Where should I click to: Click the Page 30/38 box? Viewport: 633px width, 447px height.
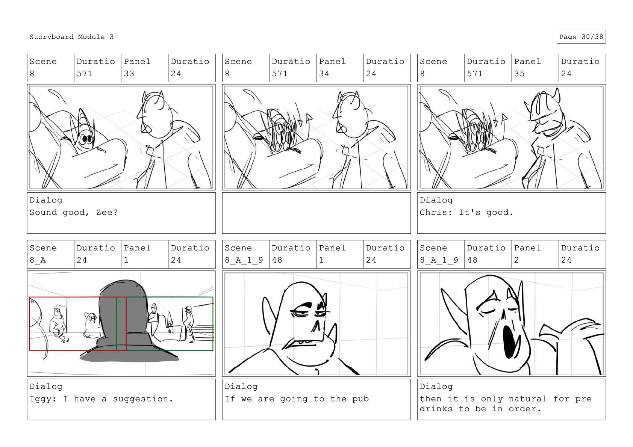click(x=581, y=37)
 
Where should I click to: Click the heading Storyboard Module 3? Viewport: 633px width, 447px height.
click(x=71, y=37)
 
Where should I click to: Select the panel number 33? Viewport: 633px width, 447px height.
click(x=129, y=74)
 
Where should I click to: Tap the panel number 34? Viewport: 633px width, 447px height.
click(x=324, y=74)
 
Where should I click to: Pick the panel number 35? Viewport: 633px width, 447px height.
click(x=519, y=74)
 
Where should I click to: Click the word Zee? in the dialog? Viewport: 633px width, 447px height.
click(x=107, y=212)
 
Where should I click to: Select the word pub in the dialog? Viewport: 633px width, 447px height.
click(x=360, y=399)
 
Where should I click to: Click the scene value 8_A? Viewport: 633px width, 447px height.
click(x=38, y=260)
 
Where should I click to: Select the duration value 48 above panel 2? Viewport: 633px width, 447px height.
click(x=472, y=260)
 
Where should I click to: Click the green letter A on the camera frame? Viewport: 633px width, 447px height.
click(x=120, y=302)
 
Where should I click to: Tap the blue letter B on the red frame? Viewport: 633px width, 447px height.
click(x=32, y=302)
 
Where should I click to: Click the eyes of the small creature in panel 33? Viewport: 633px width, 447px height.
click(x=86, y=139)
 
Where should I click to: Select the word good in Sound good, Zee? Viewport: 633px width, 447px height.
click(x=73, y=212)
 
